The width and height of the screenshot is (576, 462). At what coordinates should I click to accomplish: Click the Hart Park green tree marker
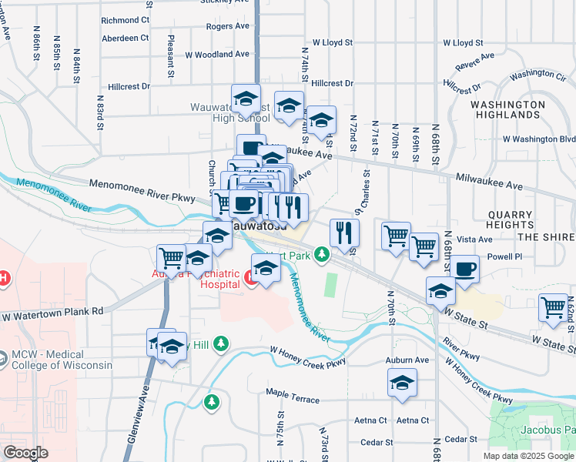(323, 254)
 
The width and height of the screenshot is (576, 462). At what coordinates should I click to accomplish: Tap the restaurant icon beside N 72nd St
(344, 232)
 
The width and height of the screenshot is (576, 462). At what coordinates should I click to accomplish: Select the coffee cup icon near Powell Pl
(464, 269)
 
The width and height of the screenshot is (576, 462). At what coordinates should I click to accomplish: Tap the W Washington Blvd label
(538, 139)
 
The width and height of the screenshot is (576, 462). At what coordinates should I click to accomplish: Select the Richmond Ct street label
(125, 20)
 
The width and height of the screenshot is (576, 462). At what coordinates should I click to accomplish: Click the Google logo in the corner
(25, 453)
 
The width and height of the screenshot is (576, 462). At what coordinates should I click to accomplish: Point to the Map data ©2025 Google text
(527, 456)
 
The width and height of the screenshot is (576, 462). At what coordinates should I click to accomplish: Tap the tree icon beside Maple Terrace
(211, 401)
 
